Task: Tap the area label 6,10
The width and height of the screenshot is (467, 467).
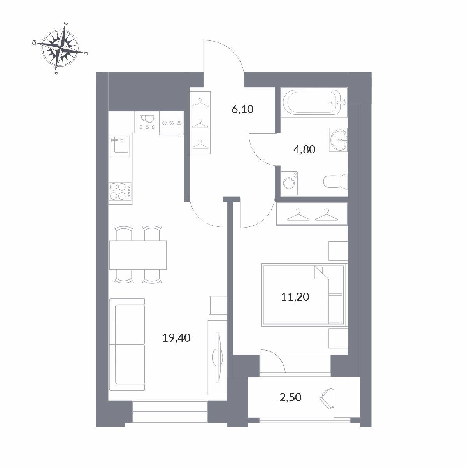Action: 242,109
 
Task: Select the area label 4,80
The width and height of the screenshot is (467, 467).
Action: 304,149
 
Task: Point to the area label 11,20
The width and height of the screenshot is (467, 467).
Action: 295,297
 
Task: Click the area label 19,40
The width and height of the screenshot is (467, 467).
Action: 176,337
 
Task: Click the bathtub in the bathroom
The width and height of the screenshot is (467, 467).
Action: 314,102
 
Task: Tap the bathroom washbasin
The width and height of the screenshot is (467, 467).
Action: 338,140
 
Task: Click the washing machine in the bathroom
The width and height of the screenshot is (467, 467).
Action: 290,183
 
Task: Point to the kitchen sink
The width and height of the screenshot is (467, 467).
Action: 119,146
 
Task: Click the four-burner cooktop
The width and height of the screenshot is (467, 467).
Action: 120,191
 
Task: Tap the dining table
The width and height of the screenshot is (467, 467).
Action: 138,255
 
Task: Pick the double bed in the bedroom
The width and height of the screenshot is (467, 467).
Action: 304,295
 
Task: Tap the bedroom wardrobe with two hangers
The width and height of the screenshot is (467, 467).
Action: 312,214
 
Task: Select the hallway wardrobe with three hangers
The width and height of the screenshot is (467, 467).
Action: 200,123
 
